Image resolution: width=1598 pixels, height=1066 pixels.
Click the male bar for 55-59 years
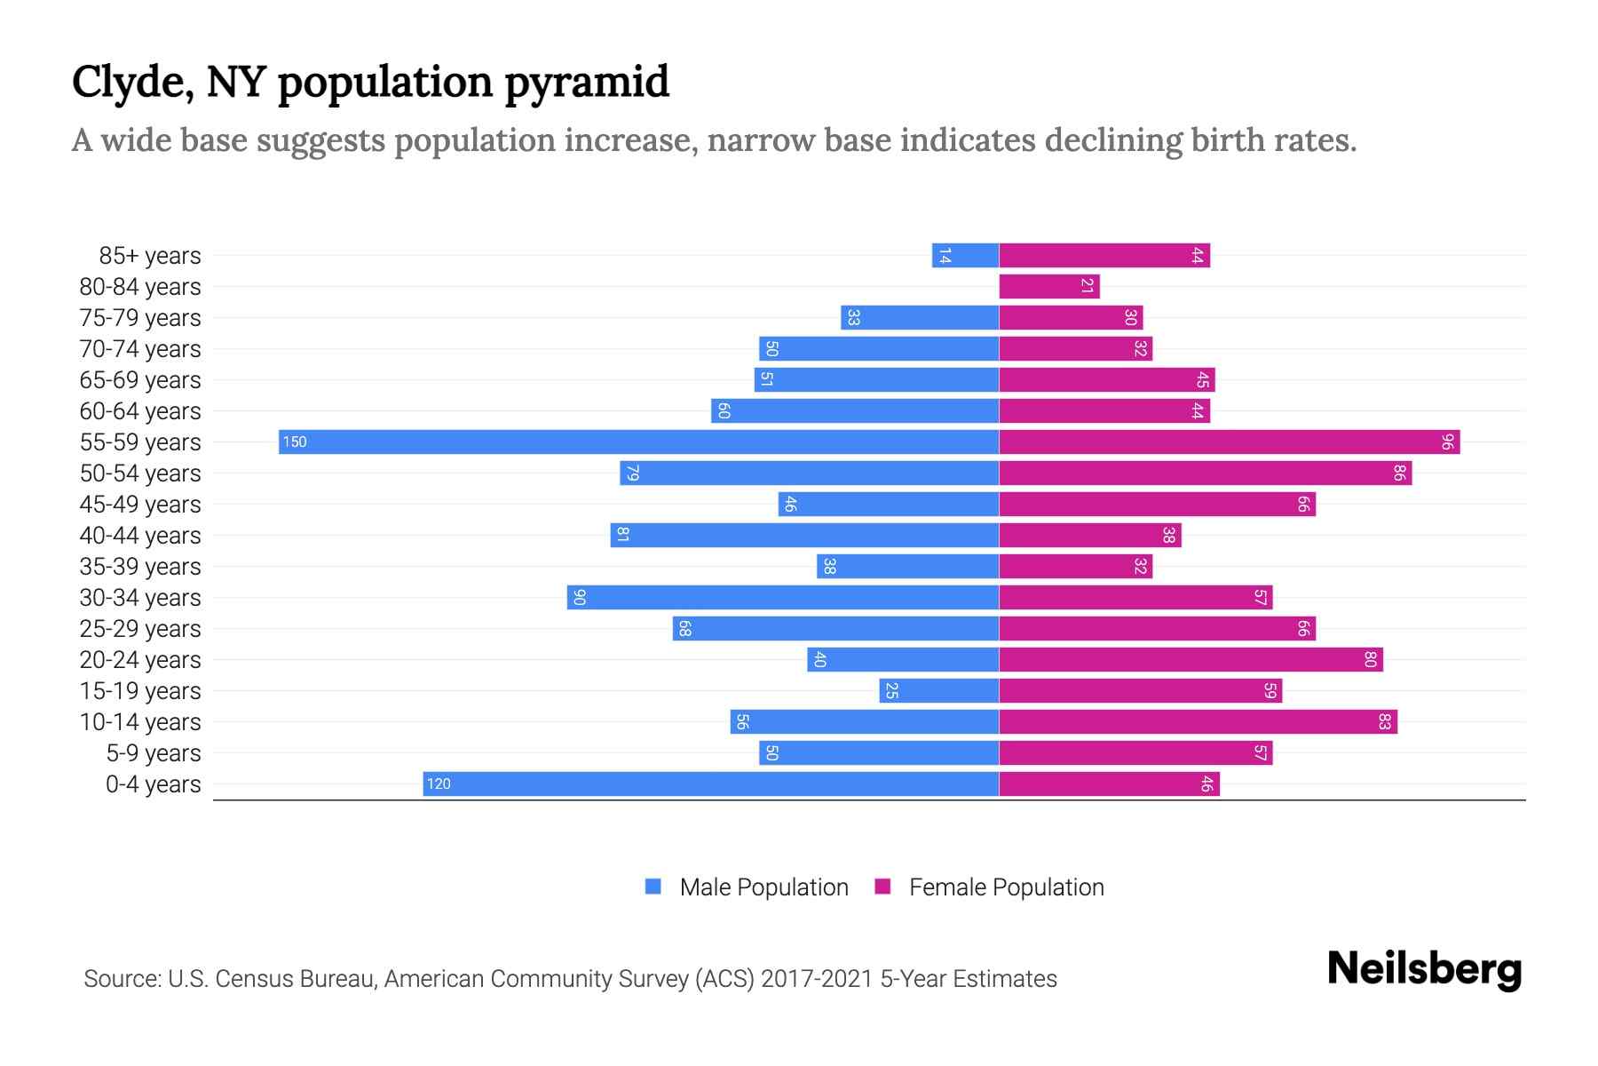pyautogui.click(x=639, y=442)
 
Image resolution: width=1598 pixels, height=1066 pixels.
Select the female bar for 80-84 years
pyautogui.click(x=1048, y=286)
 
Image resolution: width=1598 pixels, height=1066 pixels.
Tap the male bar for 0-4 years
pyautogui.click(x=710, y=784)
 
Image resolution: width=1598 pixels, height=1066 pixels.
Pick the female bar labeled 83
pyautogui.click(x=1198, y=721)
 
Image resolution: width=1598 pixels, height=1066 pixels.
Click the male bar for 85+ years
pyautogui.click(x=965, y=255)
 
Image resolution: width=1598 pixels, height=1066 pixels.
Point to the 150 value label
pyautogui.click(x=295, y=442)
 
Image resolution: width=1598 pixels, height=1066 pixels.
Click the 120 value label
pyautogui.click(x=439, y=784)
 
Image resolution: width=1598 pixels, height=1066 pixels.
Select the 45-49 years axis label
pyautogui.click(x=140, y=504)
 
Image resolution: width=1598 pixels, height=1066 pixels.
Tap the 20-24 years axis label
pyautogui.click(x=140, y=659)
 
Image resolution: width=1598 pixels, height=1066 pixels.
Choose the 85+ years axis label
pyautogui.click(x=150, y=255)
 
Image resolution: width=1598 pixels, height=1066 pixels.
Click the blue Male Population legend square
pyautogui.click(x=653, y=887)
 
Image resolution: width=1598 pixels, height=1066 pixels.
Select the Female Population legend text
pyautogui.click(x=1006, y=887)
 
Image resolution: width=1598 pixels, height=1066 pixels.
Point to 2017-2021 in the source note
pyautogui.click(x=816, y=978)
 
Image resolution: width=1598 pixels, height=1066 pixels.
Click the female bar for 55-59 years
pyautogui.click(x=1229, y=442)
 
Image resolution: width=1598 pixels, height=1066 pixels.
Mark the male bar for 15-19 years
pyautogui.click(x=939, y=690)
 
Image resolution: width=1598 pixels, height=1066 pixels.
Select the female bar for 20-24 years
pyautogui.click(x=1191, y=659)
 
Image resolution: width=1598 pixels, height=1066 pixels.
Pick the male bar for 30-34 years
pyautogui.click(x=783, y=597)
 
